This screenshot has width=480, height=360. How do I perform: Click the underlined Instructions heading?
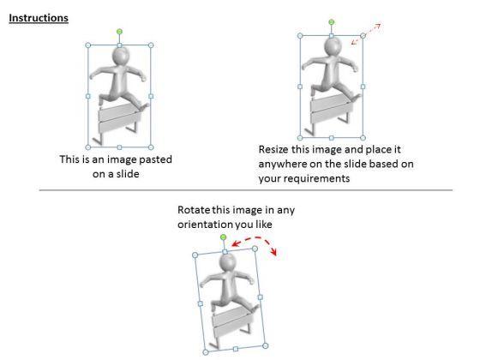pyautogui.click(x=39, y=18)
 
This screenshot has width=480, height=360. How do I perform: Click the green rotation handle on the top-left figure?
pyautogui.click(x=119, y=32)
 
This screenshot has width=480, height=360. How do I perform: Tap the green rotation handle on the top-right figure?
pyautogui.click(x=331, y=22)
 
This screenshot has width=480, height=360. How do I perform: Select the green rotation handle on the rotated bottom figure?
pyautogui.click(x=223, y=237)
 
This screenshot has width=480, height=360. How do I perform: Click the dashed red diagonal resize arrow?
pyautogui.click(x=366, y=34)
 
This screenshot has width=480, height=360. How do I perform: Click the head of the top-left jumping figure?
pyautogui.click(x=121, y=56)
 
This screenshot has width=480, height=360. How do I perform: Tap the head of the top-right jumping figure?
pyautogui.click(x=333, y=46)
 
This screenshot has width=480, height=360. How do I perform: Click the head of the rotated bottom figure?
pyautogui.click(x=228, y=263)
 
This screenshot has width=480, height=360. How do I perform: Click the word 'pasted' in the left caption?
pyautogui.click(x=155, y=159)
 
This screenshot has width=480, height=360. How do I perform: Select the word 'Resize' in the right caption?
pyautogui.click(x=273, y=150)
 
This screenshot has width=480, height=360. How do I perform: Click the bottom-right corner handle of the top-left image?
pyautogui.click(x=151, y=147)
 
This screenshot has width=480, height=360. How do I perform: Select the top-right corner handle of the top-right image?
pyautogui.click(x=363, y=36)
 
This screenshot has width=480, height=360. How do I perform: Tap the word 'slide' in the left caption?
pyautogui.click(x=128, y=174)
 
